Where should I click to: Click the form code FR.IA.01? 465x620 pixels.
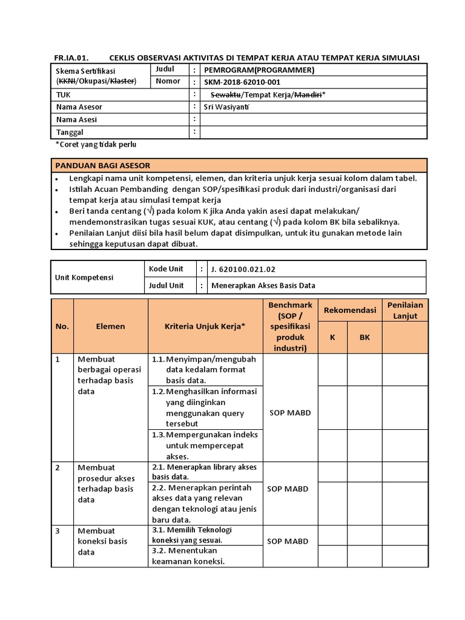[71, 58]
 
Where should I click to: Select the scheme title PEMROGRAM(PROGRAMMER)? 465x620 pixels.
[260, 70]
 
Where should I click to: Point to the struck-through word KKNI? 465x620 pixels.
[66, 81]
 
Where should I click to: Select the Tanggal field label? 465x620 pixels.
[70, 132]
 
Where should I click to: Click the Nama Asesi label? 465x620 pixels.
[76, 119]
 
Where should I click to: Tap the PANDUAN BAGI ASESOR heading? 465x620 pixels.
[103, 165]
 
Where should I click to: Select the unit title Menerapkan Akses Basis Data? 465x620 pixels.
[263, 285]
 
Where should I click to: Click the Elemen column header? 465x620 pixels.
[110, 326]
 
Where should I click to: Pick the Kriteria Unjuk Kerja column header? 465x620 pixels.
[205, 326]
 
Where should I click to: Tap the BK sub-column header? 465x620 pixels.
[364, 337]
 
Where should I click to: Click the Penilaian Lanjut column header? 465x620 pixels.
[405, 310]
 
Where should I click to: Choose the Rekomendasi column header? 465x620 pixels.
[350, 310]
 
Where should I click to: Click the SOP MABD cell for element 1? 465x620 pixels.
[289, 413]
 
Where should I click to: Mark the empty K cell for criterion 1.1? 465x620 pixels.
[332, 369]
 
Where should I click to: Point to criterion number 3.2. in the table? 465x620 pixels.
[159, 550]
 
